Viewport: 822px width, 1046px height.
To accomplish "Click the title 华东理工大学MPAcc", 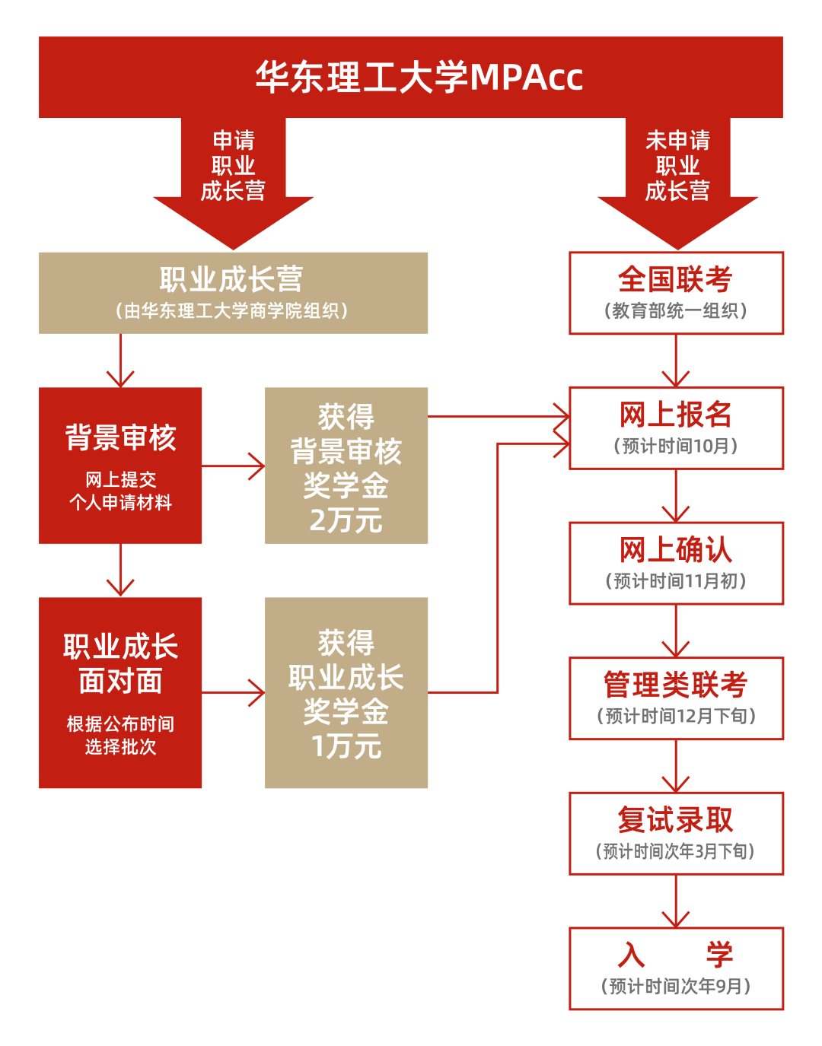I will pyautogui.click(x=419, y=77).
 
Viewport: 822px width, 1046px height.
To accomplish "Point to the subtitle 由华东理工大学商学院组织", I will pyautogui.click(x=232, y=311).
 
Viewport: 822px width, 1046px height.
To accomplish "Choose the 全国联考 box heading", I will pyautogui.click(x=675, y=279).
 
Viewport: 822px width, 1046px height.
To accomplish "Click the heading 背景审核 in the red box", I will pyautogui.click(x=120, y=438).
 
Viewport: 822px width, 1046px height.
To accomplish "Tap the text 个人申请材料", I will pyautogui.click(x=120, y=503).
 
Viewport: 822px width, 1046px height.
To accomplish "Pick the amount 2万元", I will pyautogui.click(x=346, y=521).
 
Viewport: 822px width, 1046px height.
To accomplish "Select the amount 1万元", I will pyautogui.click(x=346, y=746).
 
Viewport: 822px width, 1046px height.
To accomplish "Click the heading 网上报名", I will pyautogui.click(x=675, y=415).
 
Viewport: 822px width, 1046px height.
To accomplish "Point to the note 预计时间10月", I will pyautogui.click(x=676, y=447).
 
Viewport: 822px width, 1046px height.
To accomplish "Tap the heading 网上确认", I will pyautogui.click(x=675, y=550).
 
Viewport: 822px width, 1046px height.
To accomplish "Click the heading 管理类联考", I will pyautogui.click(x=675, y=685).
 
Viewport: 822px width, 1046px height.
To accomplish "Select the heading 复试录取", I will pyautogui.click(x=675, y=820).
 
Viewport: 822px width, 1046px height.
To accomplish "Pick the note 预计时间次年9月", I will pyautogui.click(x=676, y=987).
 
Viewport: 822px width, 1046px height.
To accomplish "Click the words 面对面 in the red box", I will pyautogui.click(x=120, y=682).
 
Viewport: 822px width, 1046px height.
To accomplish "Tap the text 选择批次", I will pyautogui.click(x=120, y=747).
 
